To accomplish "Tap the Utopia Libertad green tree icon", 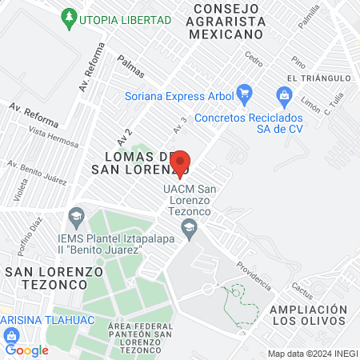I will (x=70, y=16).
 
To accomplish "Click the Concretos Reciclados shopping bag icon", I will (x=283, y=97).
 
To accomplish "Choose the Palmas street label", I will (x=130, y=66).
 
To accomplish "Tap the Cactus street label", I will (x=302, y=288).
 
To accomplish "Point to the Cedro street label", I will (x=254, y=58).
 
